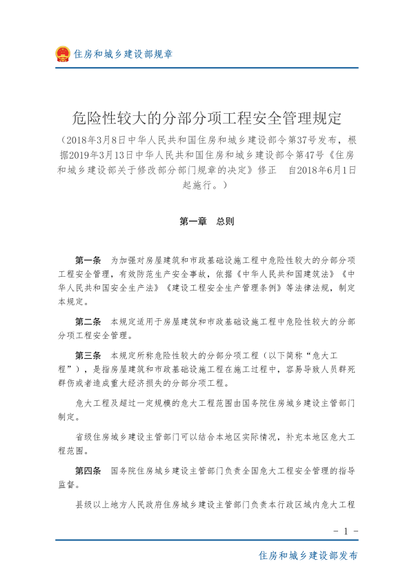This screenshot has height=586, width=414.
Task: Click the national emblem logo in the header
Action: coord(63,54)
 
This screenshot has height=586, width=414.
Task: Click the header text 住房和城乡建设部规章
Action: coord(124,54)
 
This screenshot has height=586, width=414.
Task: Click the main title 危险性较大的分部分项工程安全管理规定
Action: coord(207,115)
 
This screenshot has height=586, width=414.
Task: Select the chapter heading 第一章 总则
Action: coord(207,222)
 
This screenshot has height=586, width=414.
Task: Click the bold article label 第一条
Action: coord(88,260)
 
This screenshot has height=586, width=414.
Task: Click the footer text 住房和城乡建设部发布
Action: coord(308,555)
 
